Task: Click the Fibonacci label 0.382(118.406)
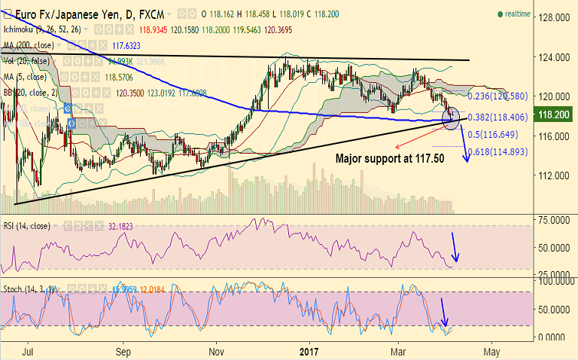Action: [499, 117]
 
